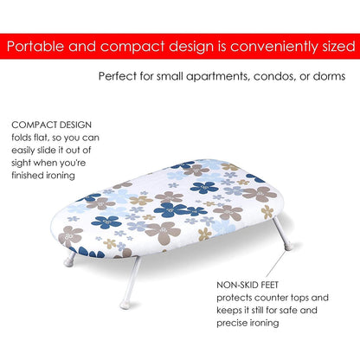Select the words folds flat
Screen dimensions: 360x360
pyautogui.click(x=35, y=137)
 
